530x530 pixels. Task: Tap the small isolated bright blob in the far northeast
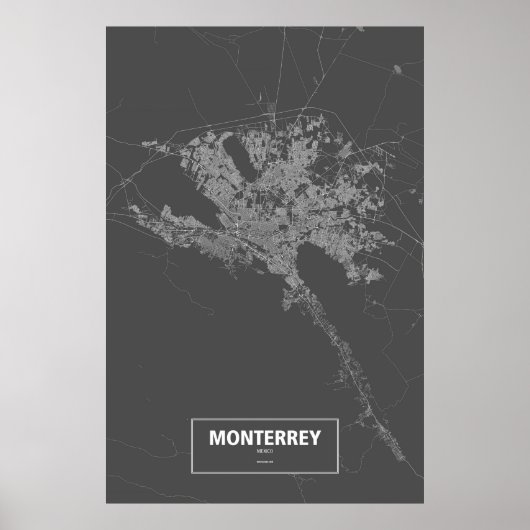[x=397, y=70]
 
